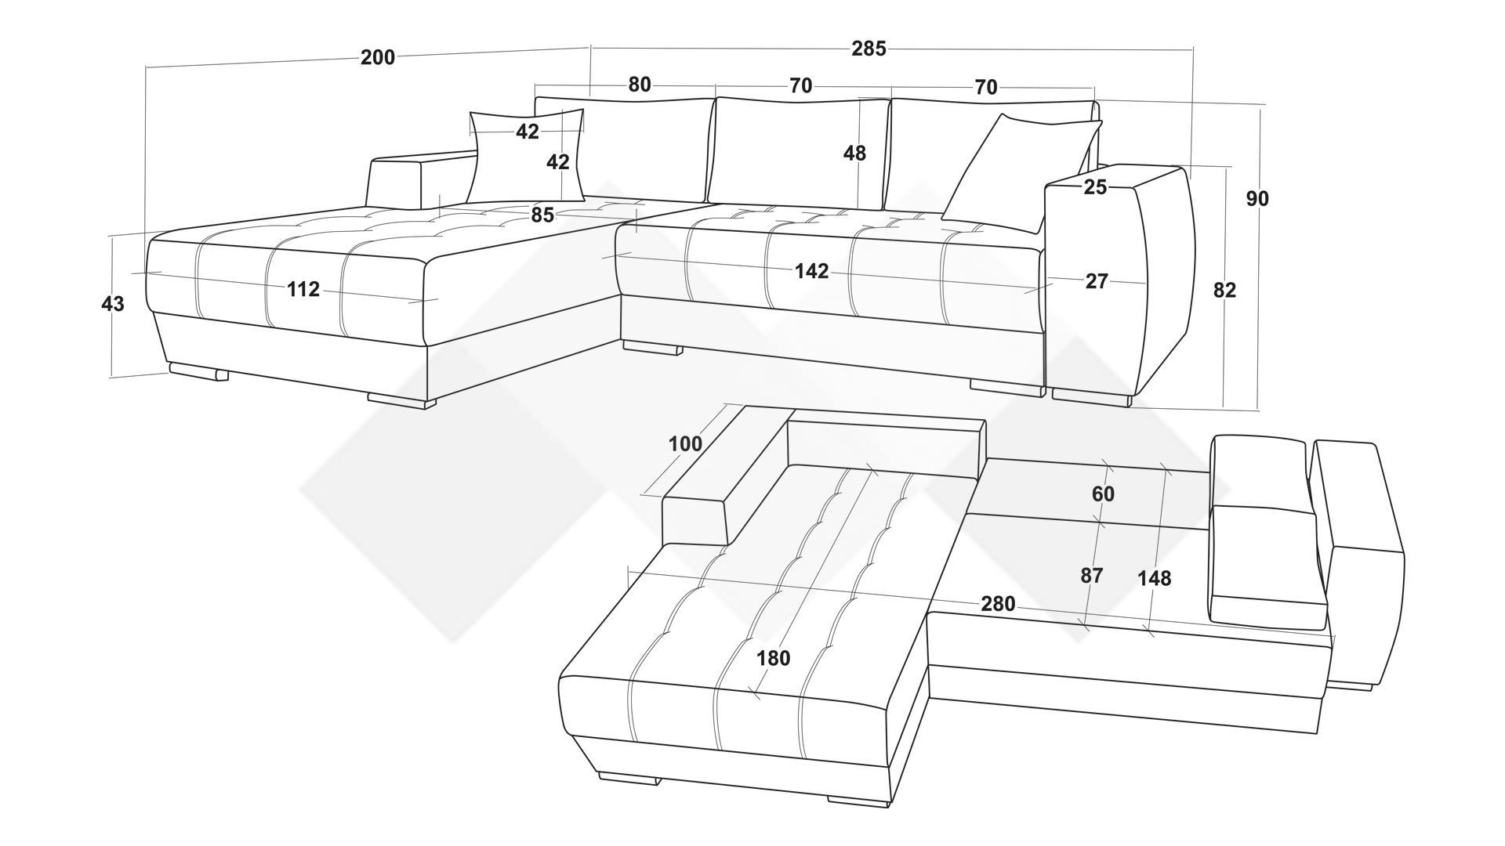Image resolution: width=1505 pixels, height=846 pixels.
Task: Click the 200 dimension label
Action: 378,57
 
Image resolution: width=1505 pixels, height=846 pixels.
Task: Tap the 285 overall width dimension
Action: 869,49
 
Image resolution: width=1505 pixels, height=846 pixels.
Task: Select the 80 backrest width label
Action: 640,85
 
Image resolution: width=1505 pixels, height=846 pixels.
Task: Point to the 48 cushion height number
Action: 854,154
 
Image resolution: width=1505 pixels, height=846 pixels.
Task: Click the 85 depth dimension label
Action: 542,215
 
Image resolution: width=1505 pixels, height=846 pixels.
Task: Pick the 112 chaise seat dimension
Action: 303,290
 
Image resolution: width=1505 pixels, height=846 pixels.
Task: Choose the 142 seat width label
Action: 811,271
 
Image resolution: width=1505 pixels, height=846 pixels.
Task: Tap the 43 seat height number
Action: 113,304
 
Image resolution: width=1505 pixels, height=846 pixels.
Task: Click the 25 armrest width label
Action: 1096,187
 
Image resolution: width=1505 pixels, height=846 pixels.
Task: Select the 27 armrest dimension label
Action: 1097,281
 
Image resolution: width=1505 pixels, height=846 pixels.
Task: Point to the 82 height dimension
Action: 1224,291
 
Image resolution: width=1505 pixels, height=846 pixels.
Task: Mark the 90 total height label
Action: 1257,199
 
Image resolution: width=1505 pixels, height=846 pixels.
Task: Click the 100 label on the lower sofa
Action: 685,444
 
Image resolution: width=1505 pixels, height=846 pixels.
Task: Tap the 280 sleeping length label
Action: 998,604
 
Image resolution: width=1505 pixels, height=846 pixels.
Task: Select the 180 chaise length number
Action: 774,659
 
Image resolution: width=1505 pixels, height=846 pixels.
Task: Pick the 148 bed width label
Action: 1155,578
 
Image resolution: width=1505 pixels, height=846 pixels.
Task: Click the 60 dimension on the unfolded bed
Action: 1103,494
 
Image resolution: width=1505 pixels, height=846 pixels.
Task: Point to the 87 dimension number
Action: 1092,576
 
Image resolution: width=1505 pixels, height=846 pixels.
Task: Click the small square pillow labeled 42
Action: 527,157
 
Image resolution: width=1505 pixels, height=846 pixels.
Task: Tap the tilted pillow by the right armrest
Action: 1021,173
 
